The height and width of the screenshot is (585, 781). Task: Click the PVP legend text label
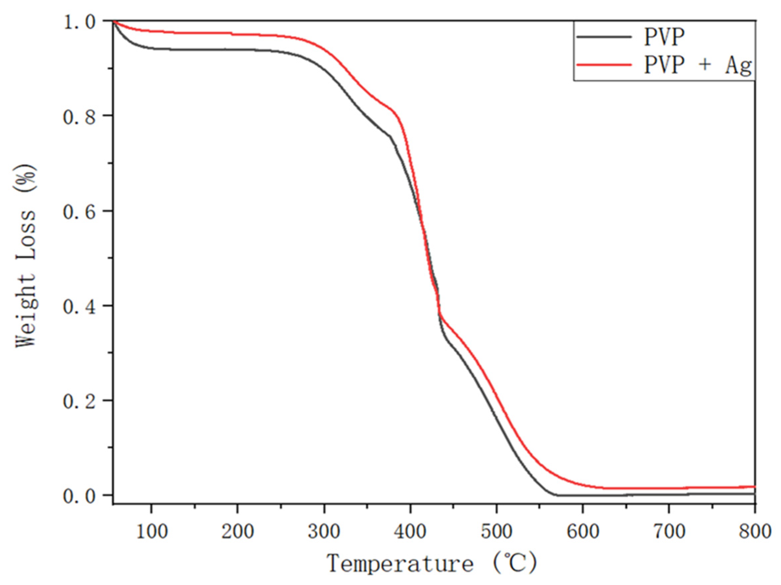(x=664, y=37)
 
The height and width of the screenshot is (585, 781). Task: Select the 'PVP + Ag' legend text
(x=698, y=65)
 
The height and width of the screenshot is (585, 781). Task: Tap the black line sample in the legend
(x=603, y=37)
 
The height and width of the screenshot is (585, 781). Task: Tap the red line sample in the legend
(x=603, y=65)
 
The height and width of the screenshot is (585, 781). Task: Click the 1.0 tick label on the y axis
(x=79, y=22)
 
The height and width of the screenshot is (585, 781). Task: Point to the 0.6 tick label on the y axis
(x=79, y=212)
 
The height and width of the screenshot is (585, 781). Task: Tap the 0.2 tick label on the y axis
(x=79, y=402)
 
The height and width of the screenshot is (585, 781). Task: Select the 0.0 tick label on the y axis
(x=79, y=496)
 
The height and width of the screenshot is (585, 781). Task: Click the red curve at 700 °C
(x=669, y=488)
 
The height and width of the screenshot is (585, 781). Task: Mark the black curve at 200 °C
(x=238, y=49)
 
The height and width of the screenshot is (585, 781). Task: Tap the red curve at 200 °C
(x=238, y=34)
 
